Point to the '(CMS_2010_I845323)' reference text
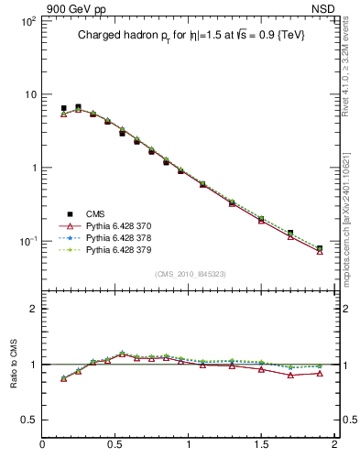pos(190,273)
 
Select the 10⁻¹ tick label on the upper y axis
pos(26,241)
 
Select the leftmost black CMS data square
pos(63,108)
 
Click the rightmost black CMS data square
pos(320,248)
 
